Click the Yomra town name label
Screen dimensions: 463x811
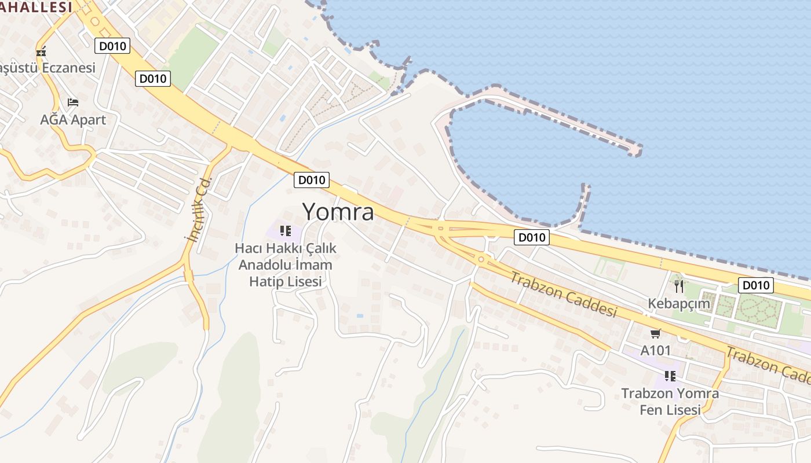pos(338,212)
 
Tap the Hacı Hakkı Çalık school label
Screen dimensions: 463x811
pos(286,264)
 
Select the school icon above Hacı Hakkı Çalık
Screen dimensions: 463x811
pos(284,231)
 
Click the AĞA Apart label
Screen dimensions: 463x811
pos(73,120)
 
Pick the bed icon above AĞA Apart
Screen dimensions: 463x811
pos(73,102)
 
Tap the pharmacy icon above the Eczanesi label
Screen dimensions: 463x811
pos(41,52)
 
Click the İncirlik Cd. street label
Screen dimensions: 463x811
pos(198,210)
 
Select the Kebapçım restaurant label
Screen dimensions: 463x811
pos(678,304)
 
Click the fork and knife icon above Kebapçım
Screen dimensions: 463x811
pos(679,286)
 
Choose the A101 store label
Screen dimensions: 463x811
pos(655,350)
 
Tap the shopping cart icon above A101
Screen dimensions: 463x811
pos(655,333)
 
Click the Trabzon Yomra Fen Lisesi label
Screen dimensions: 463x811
pos(670,401)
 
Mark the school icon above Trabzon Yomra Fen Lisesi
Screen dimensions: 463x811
pos(670,376)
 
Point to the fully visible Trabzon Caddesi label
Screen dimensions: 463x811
pos(563,294)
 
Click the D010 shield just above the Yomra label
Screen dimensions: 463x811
pos(312,180)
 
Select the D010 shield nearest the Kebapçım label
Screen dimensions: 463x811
pos(756,285)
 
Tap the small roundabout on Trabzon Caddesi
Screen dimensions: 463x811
pos(481,259)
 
